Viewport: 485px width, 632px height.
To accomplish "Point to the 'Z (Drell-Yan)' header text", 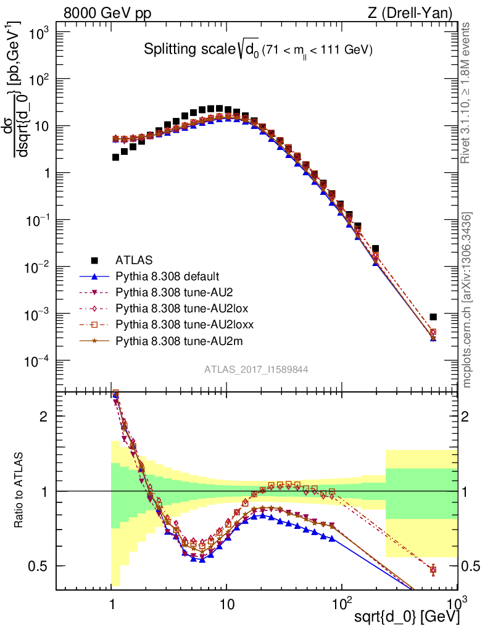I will [417, 12].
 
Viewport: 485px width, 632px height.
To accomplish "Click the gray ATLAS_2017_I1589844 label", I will [256, 369].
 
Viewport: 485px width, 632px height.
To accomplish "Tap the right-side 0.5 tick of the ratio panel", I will [471, 566].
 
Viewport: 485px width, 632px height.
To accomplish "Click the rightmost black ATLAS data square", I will [433, 317].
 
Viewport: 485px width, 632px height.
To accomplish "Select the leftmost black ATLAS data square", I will [115, 157].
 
